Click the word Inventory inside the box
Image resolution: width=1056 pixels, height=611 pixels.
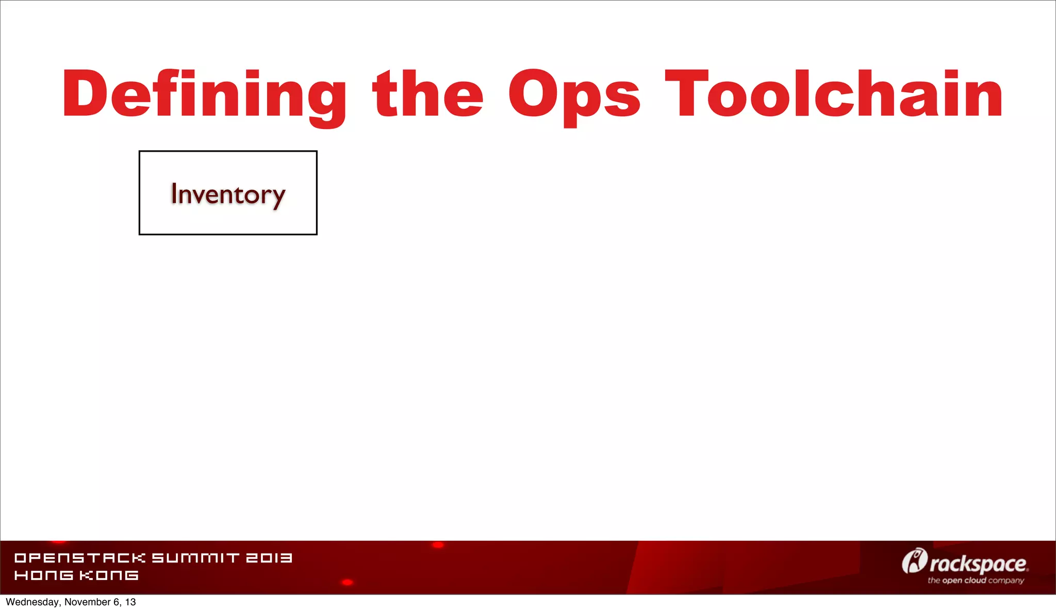(x=227, y=194)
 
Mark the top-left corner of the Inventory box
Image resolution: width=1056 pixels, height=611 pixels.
(x=140, y=152)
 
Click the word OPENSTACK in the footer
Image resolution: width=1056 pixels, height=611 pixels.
(x=80, y=558)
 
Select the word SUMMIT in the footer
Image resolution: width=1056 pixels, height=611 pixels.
(x=195, y=558)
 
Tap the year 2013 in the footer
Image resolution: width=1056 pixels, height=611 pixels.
(x=269, y=558)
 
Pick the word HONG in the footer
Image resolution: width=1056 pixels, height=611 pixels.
(x=44, y=575)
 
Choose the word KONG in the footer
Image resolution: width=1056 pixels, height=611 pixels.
(x=109, y=575)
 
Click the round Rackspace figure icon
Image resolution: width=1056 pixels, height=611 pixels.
(x=914, y=561)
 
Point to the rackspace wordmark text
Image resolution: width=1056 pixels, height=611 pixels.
(x=978, y=564)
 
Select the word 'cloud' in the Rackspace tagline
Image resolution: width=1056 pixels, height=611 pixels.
(x=975, y=581)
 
